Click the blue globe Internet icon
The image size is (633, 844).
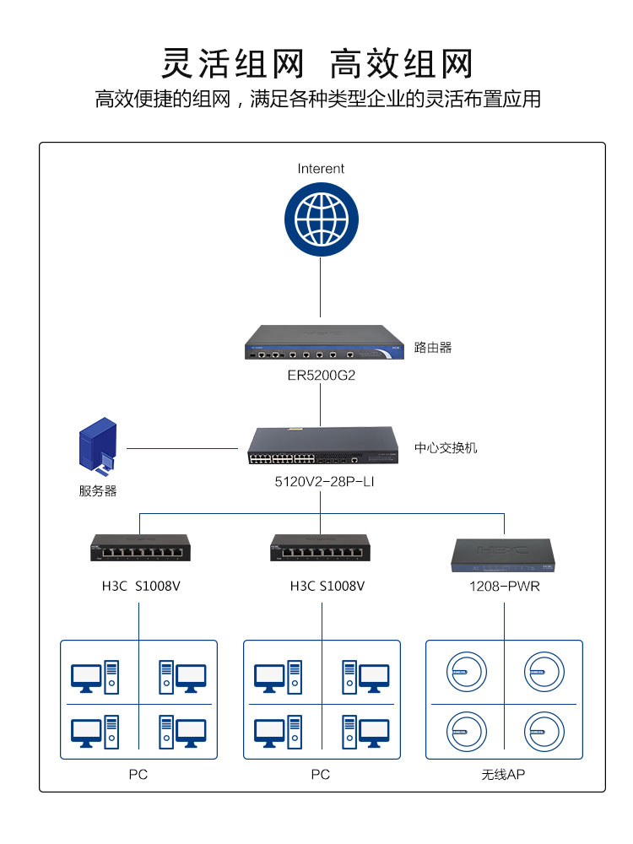[321, 218]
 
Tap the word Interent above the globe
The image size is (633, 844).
[321, 169]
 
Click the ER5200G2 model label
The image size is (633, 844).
[321, 375]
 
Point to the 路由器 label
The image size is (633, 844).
[433, 347]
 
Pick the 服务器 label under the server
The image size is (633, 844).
[98, 490]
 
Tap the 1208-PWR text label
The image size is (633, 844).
[505, 586]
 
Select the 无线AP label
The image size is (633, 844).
[503, 774]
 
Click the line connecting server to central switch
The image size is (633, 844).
[181, 448]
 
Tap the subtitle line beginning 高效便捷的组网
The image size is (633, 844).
[317, 100]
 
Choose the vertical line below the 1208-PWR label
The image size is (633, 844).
[504, 616]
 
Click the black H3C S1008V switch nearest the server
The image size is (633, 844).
[138, 548]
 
